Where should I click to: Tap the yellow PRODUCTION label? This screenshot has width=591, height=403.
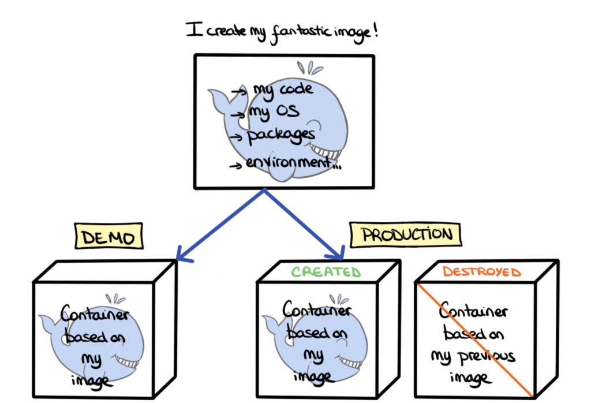(x=407, y=235)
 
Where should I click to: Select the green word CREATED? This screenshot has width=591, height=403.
(x=326, y=272)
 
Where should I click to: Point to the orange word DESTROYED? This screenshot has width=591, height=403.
(x=481, y=272)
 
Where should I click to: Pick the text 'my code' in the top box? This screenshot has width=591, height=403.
(x=283, y=89)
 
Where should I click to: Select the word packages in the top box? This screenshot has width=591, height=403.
(x=281, y=136)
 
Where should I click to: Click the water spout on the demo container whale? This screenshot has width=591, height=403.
(x=118, y=299)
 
